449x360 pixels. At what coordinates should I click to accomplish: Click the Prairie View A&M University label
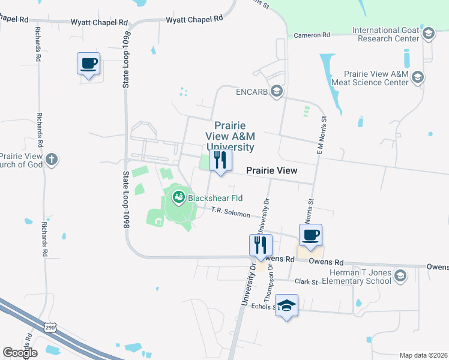tap(231, 136)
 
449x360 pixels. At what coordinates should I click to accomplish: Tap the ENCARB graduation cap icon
tap(277, 91)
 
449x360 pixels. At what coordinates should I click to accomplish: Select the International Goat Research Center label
tap(386, 34)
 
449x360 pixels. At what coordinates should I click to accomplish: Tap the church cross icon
tap(52, 160)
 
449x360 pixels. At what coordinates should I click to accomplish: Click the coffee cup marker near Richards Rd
tap(89, 64)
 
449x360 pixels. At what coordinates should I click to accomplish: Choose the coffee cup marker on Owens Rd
tap(310, 235)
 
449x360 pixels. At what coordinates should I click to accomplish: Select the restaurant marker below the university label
tap(220, 160)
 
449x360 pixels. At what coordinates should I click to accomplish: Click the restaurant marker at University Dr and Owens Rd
tap(261, 245)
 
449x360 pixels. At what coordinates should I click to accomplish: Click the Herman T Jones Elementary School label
tap(360, 277)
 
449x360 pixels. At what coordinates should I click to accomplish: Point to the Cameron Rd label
tap(312, 35)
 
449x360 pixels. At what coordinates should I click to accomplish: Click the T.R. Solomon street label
tap(231, 211)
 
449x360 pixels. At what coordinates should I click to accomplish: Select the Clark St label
tap(306, 281)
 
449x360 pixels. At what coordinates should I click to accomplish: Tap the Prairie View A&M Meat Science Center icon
tap(418, 77)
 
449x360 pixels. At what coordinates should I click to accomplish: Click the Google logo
tap(20, 353)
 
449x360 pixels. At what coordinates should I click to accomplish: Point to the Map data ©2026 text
tap(423, 355)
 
